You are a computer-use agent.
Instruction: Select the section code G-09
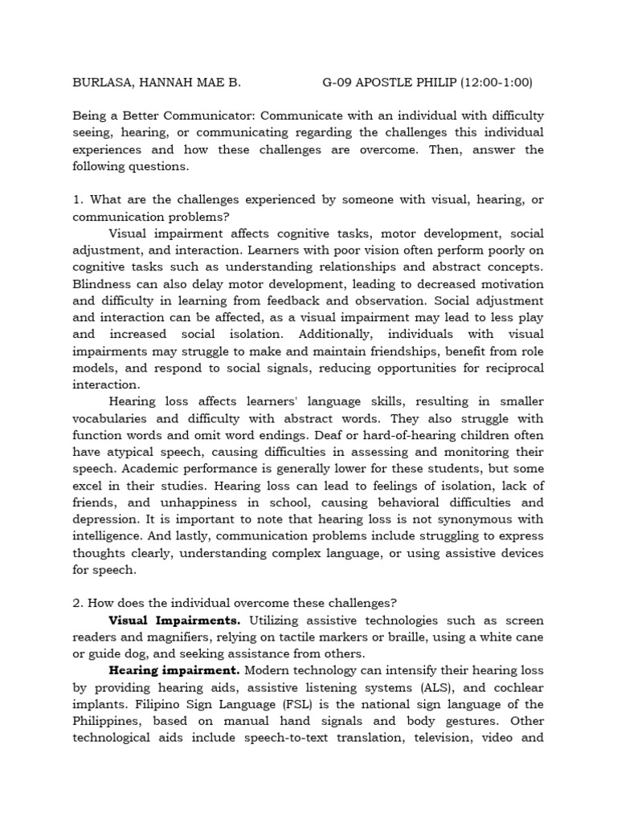click(339, 82)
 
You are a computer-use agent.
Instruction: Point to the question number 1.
click(76, 200)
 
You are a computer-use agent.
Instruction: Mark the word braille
click(422, 637)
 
